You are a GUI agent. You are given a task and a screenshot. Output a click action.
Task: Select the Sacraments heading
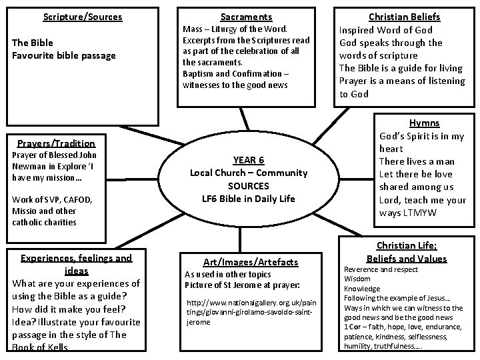246,16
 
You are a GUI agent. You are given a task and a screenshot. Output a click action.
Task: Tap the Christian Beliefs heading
404,17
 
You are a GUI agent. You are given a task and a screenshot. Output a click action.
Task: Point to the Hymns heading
424,123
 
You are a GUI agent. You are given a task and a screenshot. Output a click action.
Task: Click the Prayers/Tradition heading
56,143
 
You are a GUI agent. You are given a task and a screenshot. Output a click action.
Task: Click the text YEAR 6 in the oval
249,160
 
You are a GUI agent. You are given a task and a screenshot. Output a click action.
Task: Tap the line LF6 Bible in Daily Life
249,198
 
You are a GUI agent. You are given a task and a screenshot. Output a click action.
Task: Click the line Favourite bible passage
64,55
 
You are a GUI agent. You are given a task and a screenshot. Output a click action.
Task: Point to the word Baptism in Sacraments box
198,73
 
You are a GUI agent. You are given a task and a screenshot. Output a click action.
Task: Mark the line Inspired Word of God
386,30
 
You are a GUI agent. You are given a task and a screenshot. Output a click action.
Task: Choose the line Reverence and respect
381,269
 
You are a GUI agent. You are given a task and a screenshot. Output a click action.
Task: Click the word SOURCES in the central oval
248,185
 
